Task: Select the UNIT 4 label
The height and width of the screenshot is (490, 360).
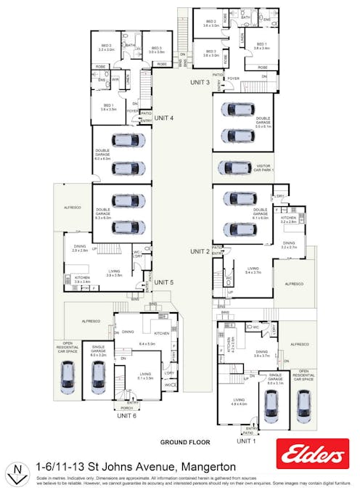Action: pyautogui.click(x=164, y=118)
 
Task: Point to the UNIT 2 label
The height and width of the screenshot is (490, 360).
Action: pyautogui.click(x=200, y=251)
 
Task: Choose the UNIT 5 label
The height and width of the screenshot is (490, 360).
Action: pyautogui.click(x=164, y=282)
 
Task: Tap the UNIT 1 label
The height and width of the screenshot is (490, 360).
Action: pyautogui.click(x=246, y=441)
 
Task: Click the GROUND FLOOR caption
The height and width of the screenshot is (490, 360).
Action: pyautogui.click(x=185, y=441)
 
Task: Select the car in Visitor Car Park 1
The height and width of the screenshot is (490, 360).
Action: pyautogui.click(x=234, y=168)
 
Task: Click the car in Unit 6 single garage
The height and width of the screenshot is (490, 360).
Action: pyautogui.click(x=98, y=377)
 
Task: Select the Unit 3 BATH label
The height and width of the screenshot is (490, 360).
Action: pyautogui.click(x=245, y=17)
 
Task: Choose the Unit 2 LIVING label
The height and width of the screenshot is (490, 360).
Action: pyautogui.click(x=253, y=269)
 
